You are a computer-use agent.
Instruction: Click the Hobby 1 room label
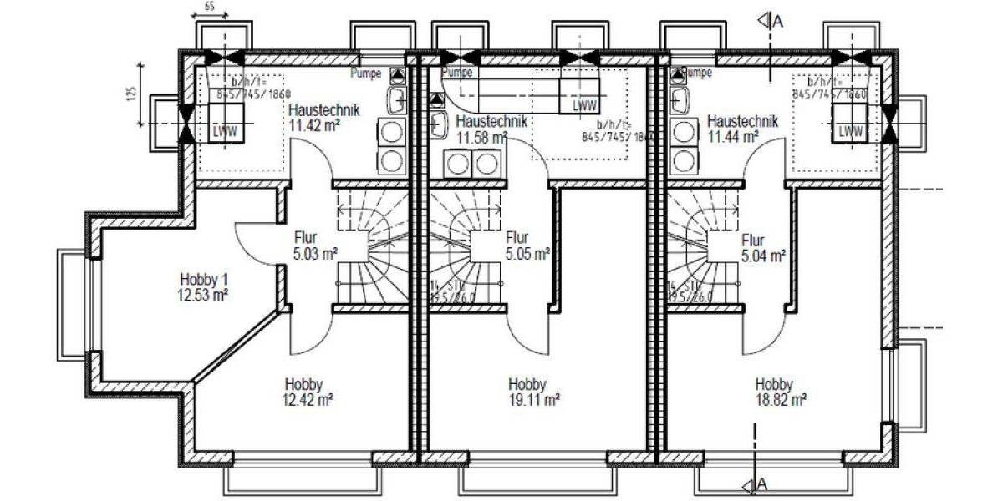point(203,279)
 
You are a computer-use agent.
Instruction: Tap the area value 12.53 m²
point(203,294)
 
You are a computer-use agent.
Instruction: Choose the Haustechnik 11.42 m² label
point(323,118)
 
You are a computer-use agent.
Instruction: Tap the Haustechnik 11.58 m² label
point(491,129)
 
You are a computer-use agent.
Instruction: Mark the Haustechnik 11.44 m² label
point(741,128)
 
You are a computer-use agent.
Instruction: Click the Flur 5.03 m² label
point(315,244)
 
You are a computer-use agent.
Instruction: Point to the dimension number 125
point(131,93)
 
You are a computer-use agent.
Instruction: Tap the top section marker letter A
point(776,22)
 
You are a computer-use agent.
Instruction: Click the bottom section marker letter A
point(762,484)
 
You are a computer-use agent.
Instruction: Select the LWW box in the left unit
point(224,131)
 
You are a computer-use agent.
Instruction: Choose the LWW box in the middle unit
point(583,106)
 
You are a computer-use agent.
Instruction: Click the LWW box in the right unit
point(850,131)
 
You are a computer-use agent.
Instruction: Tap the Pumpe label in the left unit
point(366,73)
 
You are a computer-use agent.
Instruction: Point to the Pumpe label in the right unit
point(696,73)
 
